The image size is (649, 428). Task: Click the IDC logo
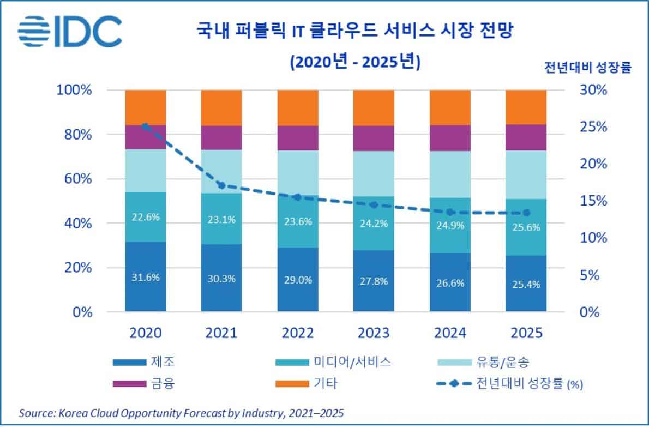70,32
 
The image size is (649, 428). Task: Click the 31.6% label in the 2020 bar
146,277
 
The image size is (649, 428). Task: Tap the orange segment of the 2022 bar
297,107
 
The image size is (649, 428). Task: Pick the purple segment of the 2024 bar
449,138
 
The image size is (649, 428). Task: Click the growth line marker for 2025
526,213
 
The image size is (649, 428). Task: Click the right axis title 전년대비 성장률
587,69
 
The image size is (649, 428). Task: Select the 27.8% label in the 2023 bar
374,281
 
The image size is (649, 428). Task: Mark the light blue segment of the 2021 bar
221,171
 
